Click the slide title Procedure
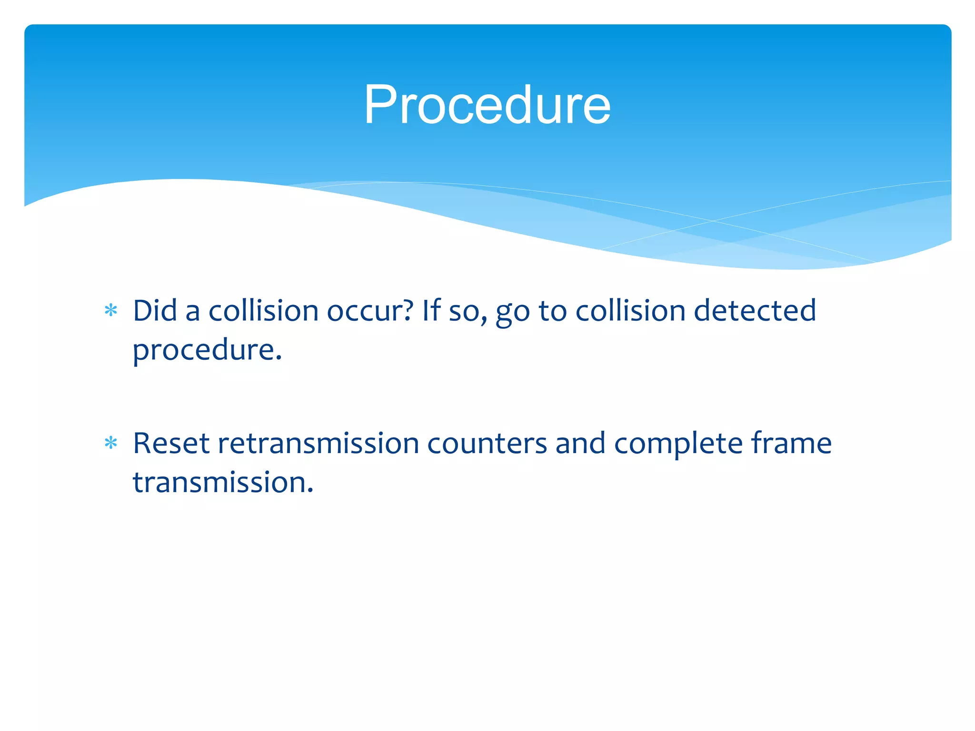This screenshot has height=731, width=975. (x=487, y=105)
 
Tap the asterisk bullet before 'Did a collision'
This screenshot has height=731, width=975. (x=111, y=311)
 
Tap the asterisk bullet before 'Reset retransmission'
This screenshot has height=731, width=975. (x=111, y=444)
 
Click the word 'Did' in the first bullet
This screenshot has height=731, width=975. (x=155, y=311)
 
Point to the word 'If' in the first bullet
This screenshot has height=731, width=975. (x=431, y=311)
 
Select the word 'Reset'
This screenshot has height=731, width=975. (x=171, y=444)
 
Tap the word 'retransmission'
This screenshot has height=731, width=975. (x=318, y=444)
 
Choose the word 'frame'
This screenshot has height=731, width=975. (x=791, y=444)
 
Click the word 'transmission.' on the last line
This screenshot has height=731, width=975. (x=223, y=483)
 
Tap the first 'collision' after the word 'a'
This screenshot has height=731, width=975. (x=263, y=311)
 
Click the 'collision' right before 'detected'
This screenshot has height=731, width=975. (x=630, y=311)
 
